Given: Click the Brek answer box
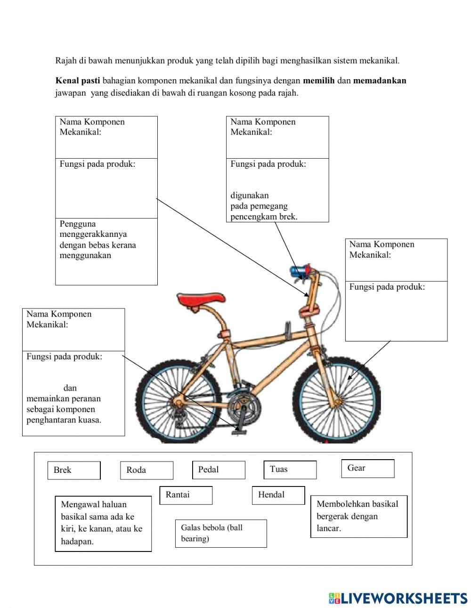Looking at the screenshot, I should click(x=74, y=470).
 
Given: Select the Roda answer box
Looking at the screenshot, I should click(x=146, y=470).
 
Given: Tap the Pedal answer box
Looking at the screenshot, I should click(x=219, y=470).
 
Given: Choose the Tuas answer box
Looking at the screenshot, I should click(x=290, y=469).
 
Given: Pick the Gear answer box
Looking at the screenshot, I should click(x=367, y=468).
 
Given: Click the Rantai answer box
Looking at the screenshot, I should click(x=186, y=495).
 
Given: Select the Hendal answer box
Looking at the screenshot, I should click(x=278, y=495).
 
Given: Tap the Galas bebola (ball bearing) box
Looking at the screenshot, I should click(x=220, y=533).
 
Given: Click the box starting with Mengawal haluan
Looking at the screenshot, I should click(x=103, y=523).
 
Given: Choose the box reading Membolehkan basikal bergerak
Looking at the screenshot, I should click(x=358, y=516).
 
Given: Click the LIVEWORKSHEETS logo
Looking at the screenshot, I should click(x=398, y=598).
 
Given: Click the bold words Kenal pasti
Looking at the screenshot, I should click(x=78, y=81).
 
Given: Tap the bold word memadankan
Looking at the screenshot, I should click(x=379, y=81).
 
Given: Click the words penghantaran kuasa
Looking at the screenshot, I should click(x=64, y=420).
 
